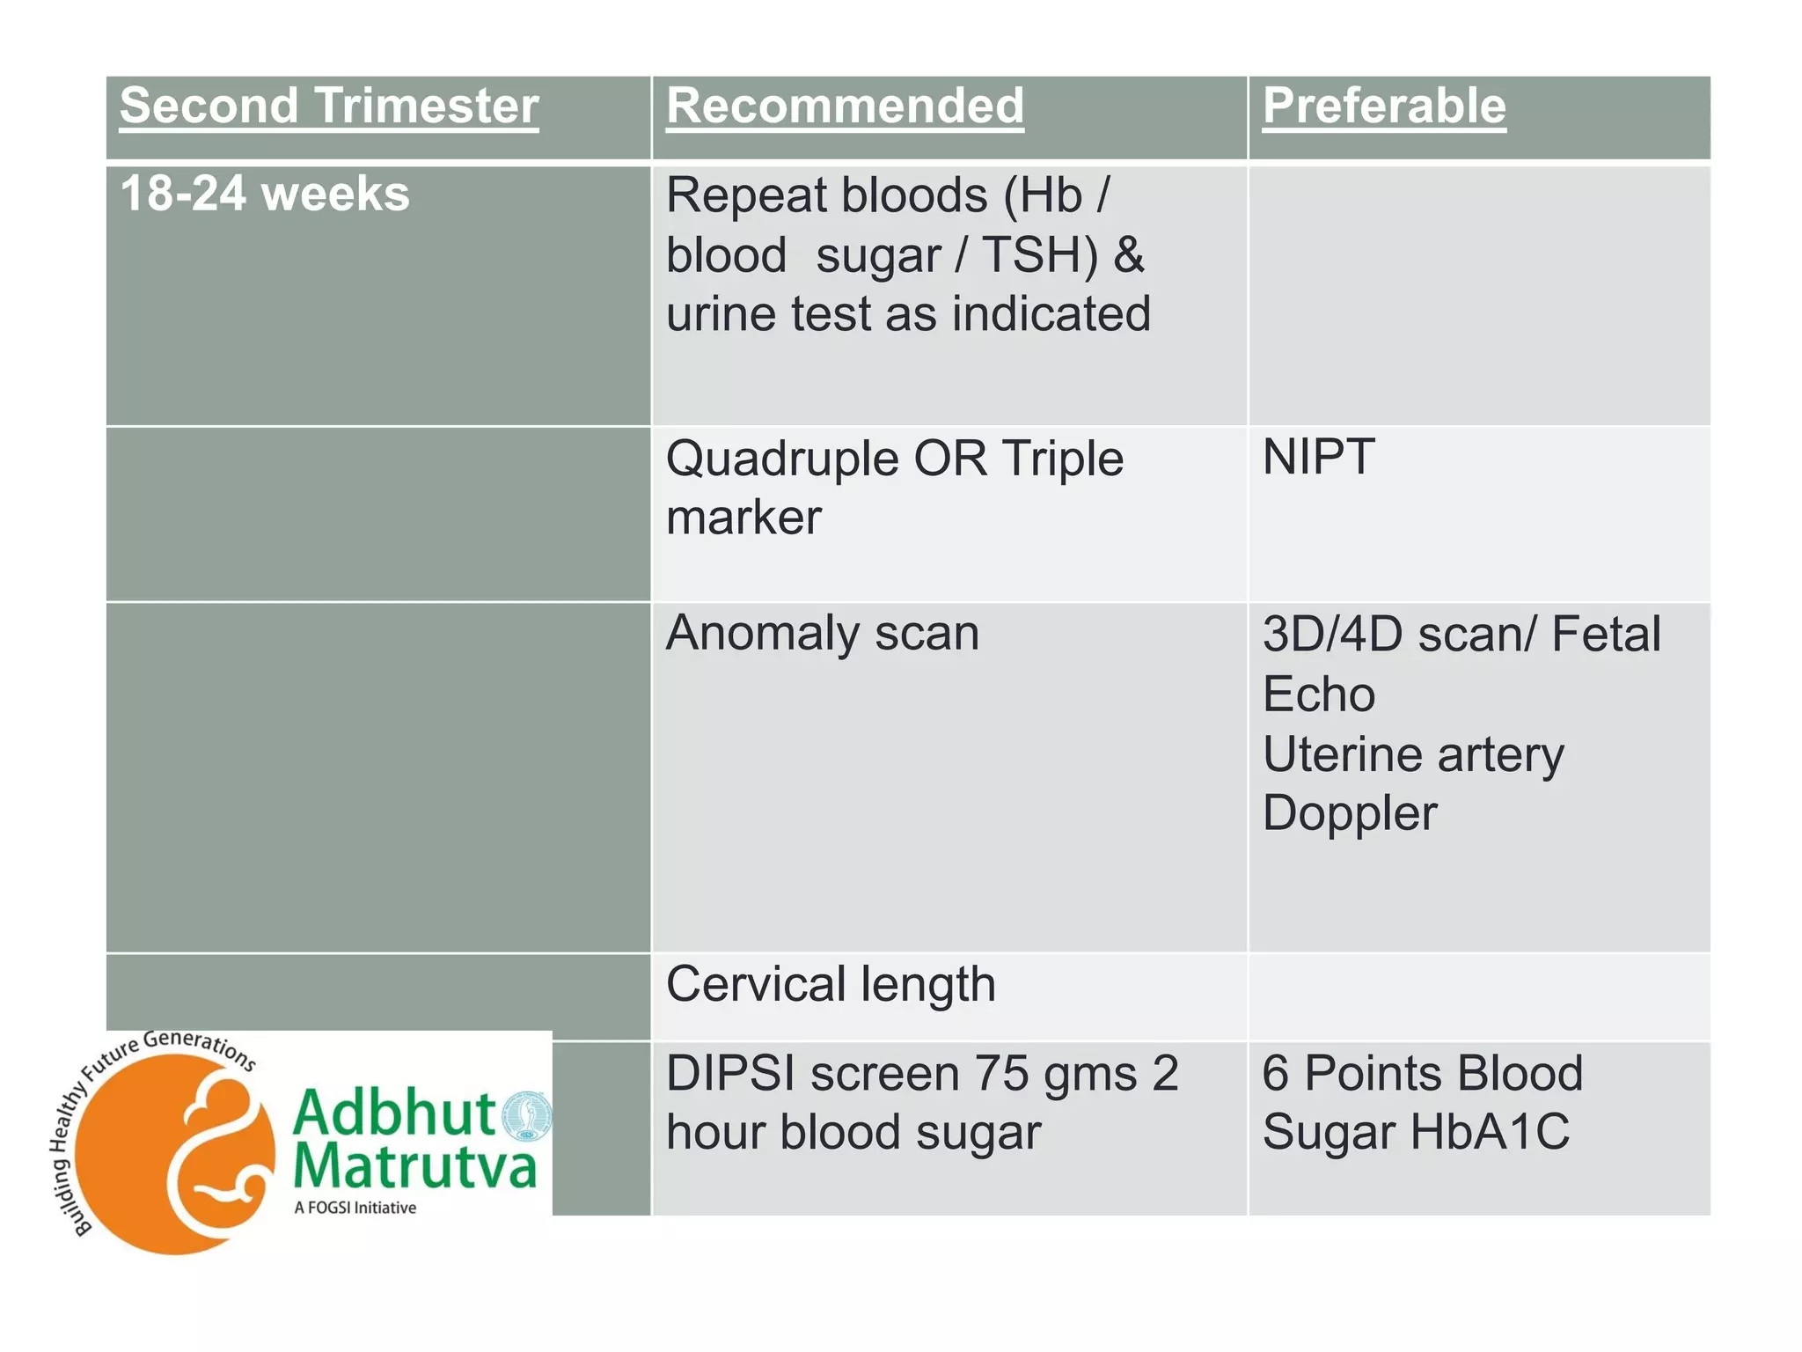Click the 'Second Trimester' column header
point(328,107)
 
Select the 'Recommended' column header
point(845,107)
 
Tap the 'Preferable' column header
point(1384,107)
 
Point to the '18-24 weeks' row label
point(264,194)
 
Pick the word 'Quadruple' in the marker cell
point(781,459)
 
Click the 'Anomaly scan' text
point(822,633)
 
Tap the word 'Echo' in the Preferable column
point(1318,694)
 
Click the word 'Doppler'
point(1349,813)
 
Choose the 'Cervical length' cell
point(831,984)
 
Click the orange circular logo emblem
point(174,1153)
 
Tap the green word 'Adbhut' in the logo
point(394,1113)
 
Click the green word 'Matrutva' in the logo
point(414,1166)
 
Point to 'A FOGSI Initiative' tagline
point(355,1208)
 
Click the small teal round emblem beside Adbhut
point(526,1115)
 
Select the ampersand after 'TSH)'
point(1128,255)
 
